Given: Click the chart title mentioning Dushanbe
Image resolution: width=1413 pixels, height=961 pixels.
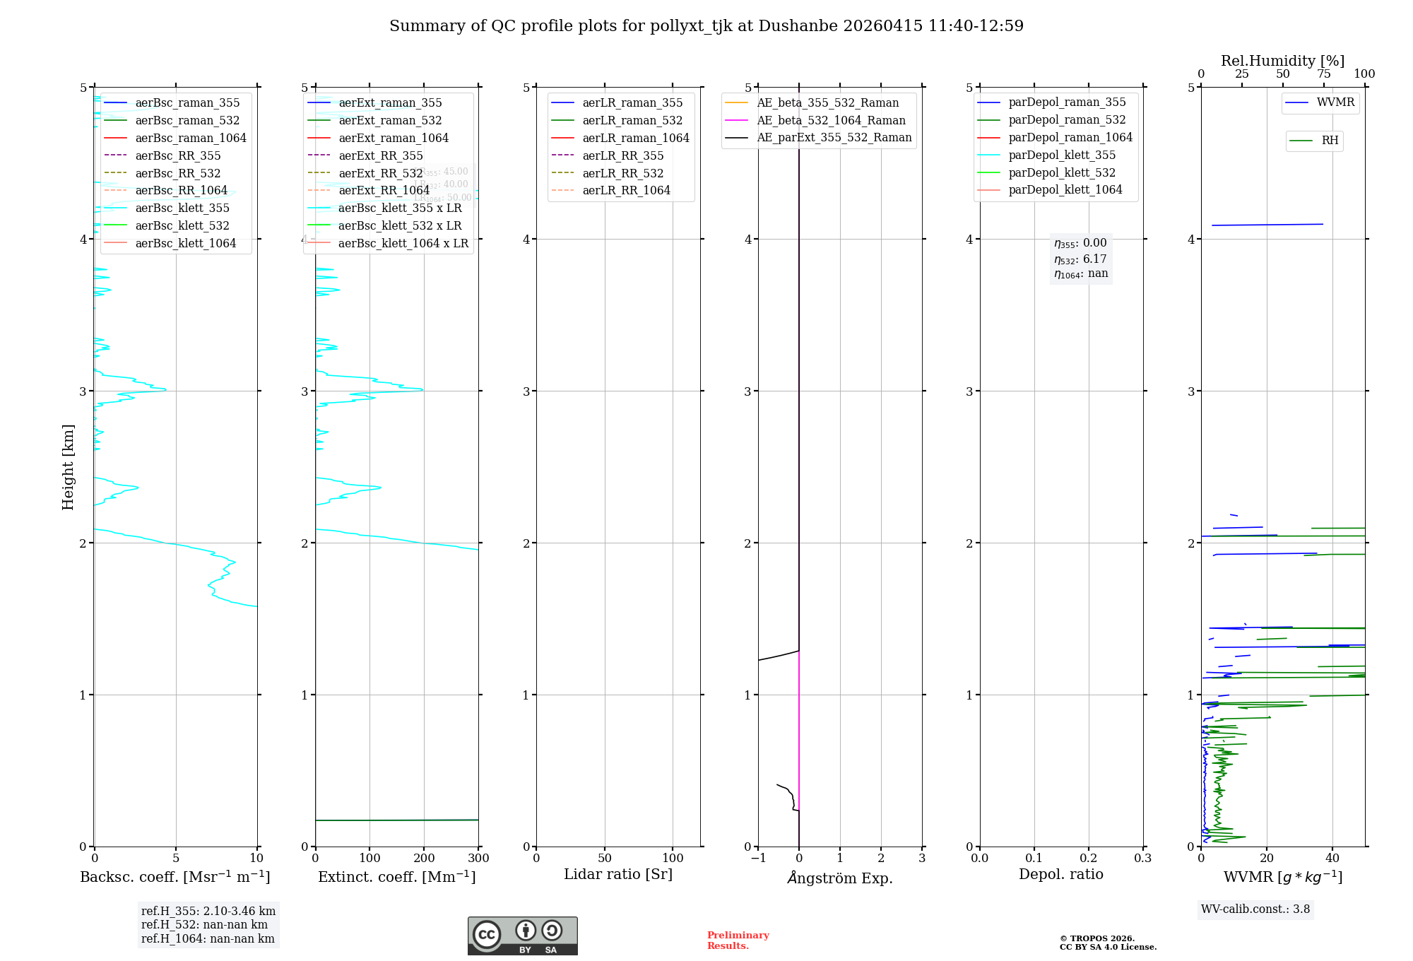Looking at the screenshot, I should coord(706,26).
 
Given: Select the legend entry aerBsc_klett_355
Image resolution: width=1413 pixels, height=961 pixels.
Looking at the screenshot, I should coord(182,208).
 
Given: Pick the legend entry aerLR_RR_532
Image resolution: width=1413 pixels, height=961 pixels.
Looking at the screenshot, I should coord(623,173).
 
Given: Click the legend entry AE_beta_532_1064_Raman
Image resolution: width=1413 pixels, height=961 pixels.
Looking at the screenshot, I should coord(831,120).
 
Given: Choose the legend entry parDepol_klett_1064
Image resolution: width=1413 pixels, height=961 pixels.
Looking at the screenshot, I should coord(1065,189).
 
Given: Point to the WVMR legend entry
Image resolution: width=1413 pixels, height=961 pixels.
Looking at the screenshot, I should coord(1335,102).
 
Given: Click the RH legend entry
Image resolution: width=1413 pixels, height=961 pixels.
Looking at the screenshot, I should coord(1330,141).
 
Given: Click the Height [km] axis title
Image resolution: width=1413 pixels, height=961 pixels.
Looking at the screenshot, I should coord(68,466).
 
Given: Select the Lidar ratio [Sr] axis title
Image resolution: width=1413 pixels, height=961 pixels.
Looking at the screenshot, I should coord(618,874).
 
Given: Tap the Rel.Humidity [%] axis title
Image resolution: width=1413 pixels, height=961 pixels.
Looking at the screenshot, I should coord(1282,61).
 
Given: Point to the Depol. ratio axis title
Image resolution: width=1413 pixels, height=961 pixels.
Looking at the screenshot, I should coord(1060,874).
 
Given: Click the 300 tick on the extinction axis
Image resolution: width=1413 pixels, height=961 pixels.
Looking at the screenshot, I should coord(478,859).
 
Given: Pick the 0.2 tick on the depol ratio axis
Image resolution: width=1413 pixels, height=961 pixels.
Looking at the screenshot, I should coord(1089,859).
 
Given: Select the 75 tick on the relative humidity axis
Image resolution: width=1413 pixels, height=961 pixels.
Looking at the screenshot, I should coord(1323,74).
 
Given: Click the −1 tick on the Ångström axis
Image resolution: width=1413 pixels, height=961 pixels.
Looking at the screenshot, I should coord(758,859).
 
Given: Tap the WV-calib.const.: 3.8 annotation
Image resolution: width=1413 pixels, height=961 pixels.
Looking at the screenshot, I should coord(1255,909).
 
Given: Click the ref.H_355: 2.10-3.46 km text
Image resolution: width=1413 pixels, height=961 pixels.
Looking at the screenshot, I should coord(208,912).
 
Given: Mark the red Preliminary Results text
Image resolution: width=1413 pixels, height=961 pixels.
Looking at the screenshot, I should coord(738,941).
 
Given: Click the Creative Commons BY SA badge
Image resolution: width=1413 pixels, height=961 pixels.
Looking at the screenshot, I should coord(522,936).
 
